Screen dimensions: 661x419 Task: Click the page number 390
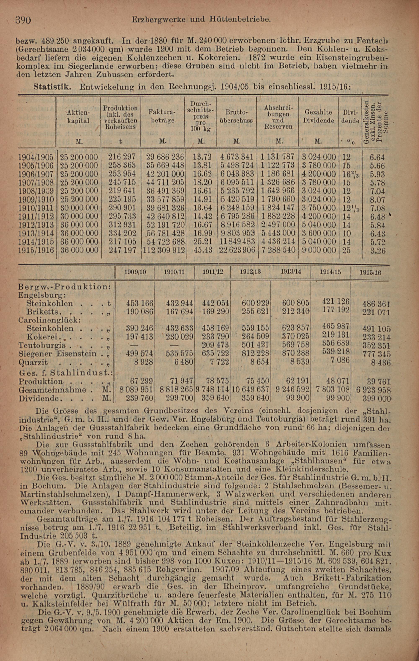pos(23,20)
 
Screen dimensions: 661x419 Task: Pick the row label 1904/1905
pos(36,157)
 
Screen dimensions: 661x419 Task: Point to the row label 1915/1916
pos(36,250)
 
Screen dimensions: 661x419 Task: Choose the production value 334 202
pos(122,233)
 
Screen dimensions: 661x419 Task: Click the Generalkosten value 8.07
pos(377,200)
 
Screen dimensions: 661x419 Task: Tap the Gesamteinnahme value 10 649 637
pos(251,390)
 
